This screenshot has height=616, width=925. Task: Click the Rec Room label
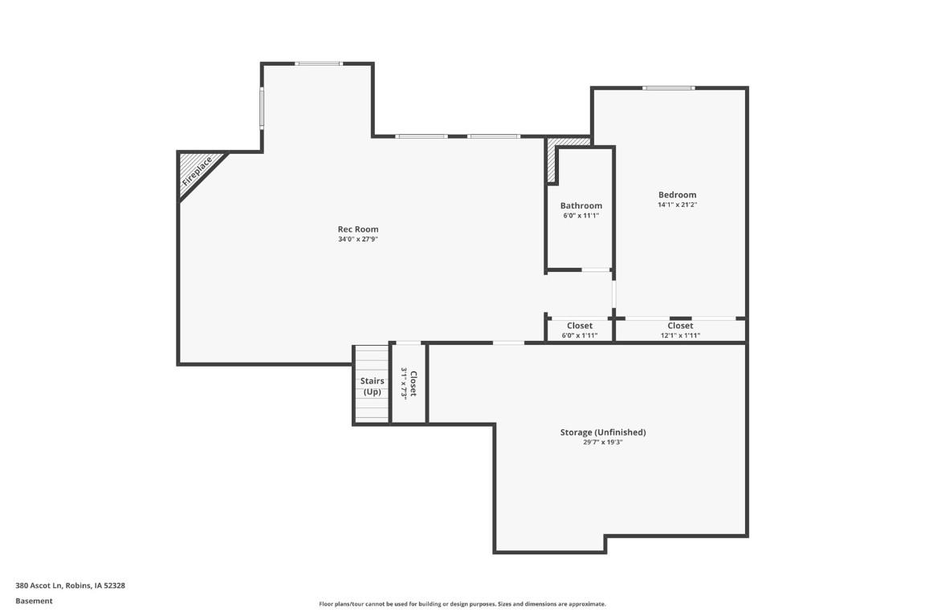(357, 229)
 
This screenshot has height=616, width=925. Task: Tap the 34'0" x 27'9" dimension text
(357, 239)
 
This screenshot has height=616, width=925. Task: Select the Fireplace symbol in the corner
(197, 171)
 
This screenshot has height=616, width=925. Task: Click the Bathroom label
(581, 206)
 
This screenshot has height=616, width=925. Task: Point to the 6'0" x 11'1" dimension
(581, 216)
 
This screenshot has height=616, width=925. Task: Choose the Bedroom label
(677, 195)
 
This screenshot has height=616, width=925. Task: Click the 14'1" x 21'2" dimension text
(677, 205)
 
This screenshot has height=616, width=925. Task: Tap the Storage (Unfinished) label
(602, 432)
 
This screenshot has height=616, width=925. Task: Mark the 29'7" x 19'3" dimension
(602, 442)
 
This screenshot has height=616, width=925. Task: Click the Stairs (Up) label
(372, 386)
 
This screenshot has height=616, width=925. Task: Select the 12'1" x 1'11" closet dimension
(680, 335)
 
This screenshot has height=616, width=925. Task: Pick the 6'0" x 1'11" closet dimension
(579, 335)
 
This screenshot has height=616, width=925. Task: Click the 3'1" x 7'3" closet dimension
(404, 383)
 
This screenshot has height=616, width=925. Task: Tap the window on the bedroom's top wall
(668, 87)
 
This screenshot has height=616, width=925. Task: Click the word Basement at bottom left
(34, 601)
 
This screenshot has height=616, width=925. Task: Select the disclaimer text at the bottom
(462, 604)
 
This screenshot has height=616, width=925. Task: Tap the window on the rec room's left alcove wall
(262, 107)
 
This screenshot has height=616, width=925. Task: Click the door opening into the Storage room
(508, 343)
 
